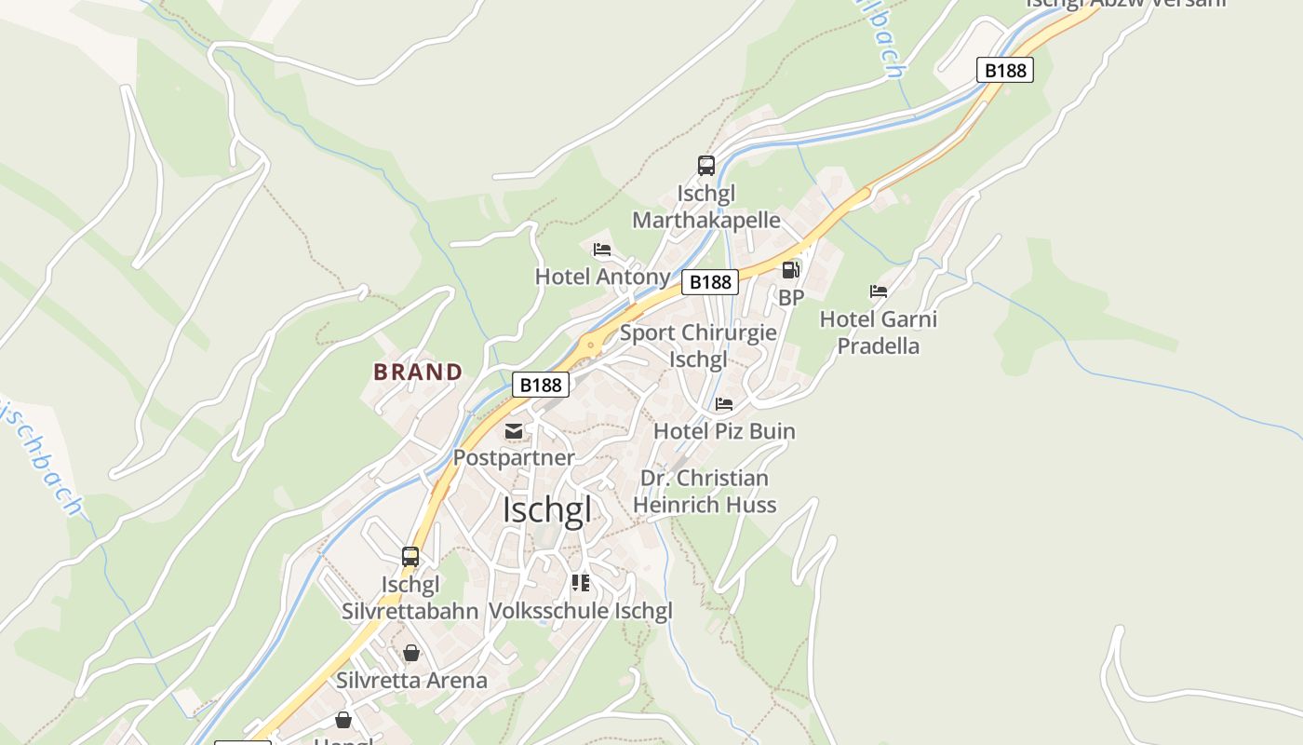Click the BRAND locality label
pyautogui.click(x=418, y=372)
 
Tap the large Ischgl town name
pyautogui.click(x=546, y=509)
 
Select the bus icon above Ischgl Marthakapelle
pyautogui.click(x=706, y=166)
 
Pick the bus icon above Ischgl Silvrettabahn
pyautogui.click(x=410, y=557)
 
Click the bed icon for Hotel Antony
pyautogui.click(x=602, y=250)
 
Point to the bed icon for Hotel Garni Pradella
pyautogui.click(x=879, y=291)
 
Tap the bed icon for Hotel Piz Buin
pyautogui.click(x=724, y=404)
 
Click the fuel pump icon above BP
pyautogui.click(x=790, y=270)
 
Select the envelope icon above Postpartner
pyautogui.click(x=514, y=431)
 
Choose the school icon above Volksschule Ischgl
pyautogui.click(x=581, y=583)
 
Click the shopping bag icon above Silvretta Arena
pyautogui.click(x=411, y=653)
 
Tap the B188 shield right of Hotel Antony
pyautogui.click(x=710, y=281)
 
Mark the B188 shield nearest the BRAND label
pyautogui.click(x=541, y=384)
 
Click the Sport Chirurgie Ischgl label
pyautogui.click(x=698, y=345)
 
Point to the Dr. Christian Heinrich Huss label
pyautogui.click(x=705, y=492)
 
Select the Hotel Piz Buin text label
pyautogui.click(x=724, y=431)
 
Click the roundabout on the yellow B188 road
pyautogui.click(x=590, y=345)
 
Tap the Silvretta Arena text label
pyautogui.click(x=411, y=680)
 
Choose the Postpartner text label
pyautogui.click(x=514, y=457)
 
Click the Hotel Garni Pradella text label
pyautogui.click(x=878, y=332)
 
